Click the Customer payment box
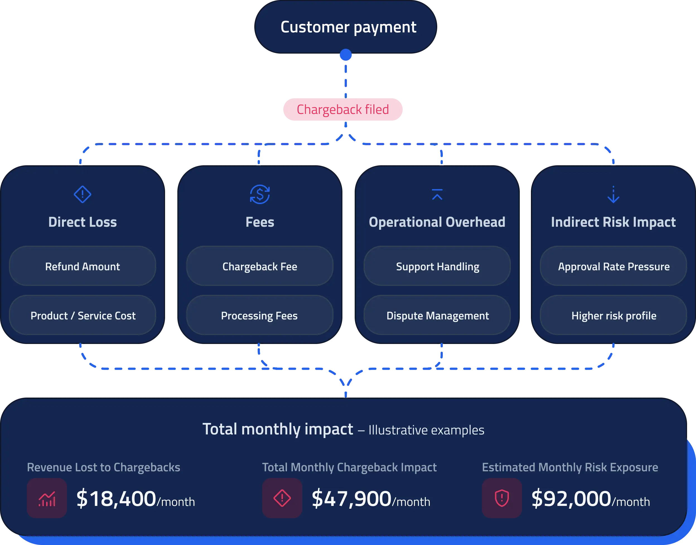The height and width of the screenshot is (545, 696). click(346, 27)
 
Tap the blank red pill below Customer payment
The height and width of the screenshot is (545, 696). click(343, 109)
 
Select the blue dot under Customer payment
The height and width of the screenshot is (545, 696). click(346, 55)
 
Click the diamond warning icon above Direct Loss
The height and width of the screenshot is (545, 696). click(83, 194)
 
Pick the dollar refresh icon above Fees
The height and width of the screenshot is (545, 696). click(260, 194)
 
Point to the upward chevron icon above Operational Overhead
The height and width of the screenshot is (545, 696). click(437, 194)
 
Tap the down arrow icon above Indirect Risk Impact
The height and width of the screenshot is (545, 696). click(613, 194)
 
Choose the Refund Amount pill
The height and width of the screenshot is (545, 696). click(83, 266)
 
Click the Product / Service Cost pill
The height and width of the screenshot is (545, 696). click(83, 315)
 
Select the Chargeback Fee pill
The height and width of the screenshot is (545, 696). click(260, 266)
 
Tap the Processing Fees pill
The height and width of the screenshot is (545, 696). click(260, 315)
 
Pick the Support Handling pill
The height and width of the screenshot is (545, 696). click(437, 266)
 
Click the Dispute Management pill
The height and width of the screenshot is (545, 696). click(437, 315)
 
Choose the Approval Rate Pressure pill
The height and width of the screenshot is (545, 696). click(613, 266)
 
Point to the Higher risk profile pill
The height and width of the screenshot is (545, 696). click(613, 315)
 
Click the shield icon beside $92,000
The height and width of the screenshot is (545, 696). click(502, 498)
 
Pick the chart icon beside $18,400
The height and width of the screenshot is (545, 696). click(47, 498)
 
